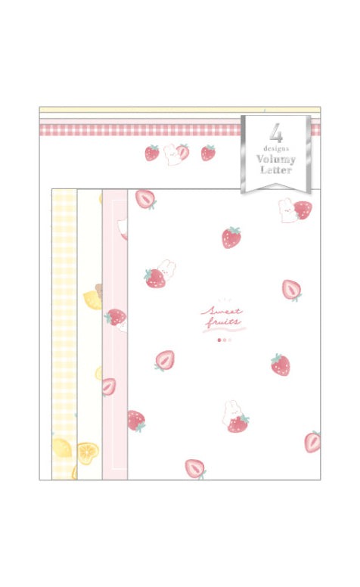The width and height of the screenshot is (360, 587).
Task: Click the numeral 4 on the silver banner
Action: click(x=276, y=132)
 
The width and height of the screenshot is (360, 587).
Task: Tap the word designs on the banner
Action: click(x=276, y=148)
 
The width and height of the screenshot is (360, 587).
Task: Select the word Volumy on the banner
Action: click(x=276, y=159)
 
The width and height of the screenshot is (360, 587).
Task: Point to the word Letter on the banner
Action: click(x=276, y=169)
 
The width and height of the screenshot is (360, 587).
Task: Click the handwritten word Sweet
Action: click(x=222, y=311)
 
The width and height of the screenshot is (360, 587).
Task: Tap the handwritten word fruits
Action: click(x=223, y=321)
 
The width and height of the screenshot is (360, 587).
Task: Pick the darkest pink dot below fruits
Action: click(x=219, y=340)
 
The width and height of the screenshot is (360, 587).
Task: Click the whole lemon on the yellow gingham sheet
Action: click(x=62, y=448)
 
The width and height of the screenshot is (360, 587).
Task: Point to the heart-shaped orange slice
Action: click(x=88, y=453)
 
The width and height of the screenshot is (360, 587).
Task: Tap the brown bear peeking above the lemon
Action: click(x=99, y=290)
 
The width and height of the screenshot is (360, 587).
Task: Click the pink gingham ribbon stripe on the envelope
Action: click(x=141, y=130)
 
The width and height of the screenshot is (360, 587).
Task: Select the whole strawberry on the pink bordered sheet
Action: click(x=115, y=317)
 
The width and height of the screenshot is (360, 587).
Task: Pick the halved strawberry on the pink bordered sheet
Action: click(x=109, y=387)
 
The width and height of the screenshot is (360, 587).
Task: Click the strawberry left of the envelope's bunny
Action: click(x=152, y=153)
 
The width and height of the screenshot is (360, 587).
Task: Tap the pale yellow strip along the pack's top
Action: click(x=180, y=110)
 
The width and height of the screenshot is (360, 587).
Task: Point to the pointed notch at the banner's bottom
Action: click(x=276, y=185)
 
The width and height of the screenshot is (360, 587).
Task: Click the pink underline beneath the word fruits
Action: click(x=224, y=330)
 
